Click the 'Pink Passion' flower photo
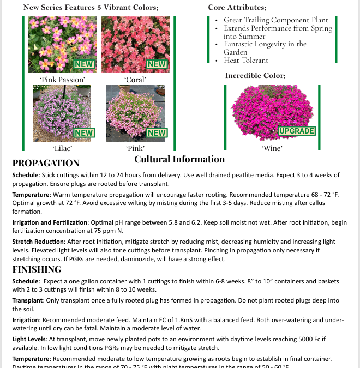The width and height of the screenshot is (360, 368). (x=62, y=44)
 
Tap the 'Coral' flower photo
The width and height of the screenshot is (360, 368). (x=135, y=44)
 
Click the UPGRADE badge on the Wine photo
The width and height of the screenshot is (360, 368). (x=297, y=131)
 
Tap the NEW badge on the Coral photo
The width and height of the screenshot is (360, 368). (x=157, y=64)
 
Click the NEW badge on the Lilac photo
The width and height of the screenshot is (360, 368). (x=83, y=132)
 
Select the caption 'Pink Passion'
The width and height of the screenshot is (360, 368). (x=62, y=80)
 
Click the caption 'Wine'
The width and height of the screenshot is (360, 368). (x=272, y=148)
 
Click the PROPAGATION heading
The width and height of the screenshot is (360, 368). (x=46, y=163)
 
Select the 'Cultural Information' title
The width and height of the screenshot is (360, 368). (x=179, y=159)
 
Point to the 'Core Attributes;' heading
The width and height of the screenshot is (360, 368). (x=237, y=8)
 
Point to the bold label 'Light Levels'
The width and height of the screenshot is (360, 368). (x=27, y=339)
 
